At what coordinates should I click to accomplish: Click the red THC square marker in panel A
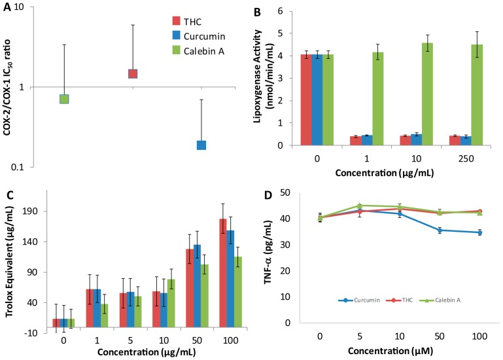pos(133,73)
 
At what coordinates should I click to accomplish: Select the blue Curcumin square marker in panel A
pos(201,145)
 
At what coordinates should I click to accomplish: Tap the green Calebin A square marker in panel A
pos(64,99)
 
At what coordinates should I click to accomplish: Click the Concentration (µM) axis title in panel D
pos(391,350)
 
